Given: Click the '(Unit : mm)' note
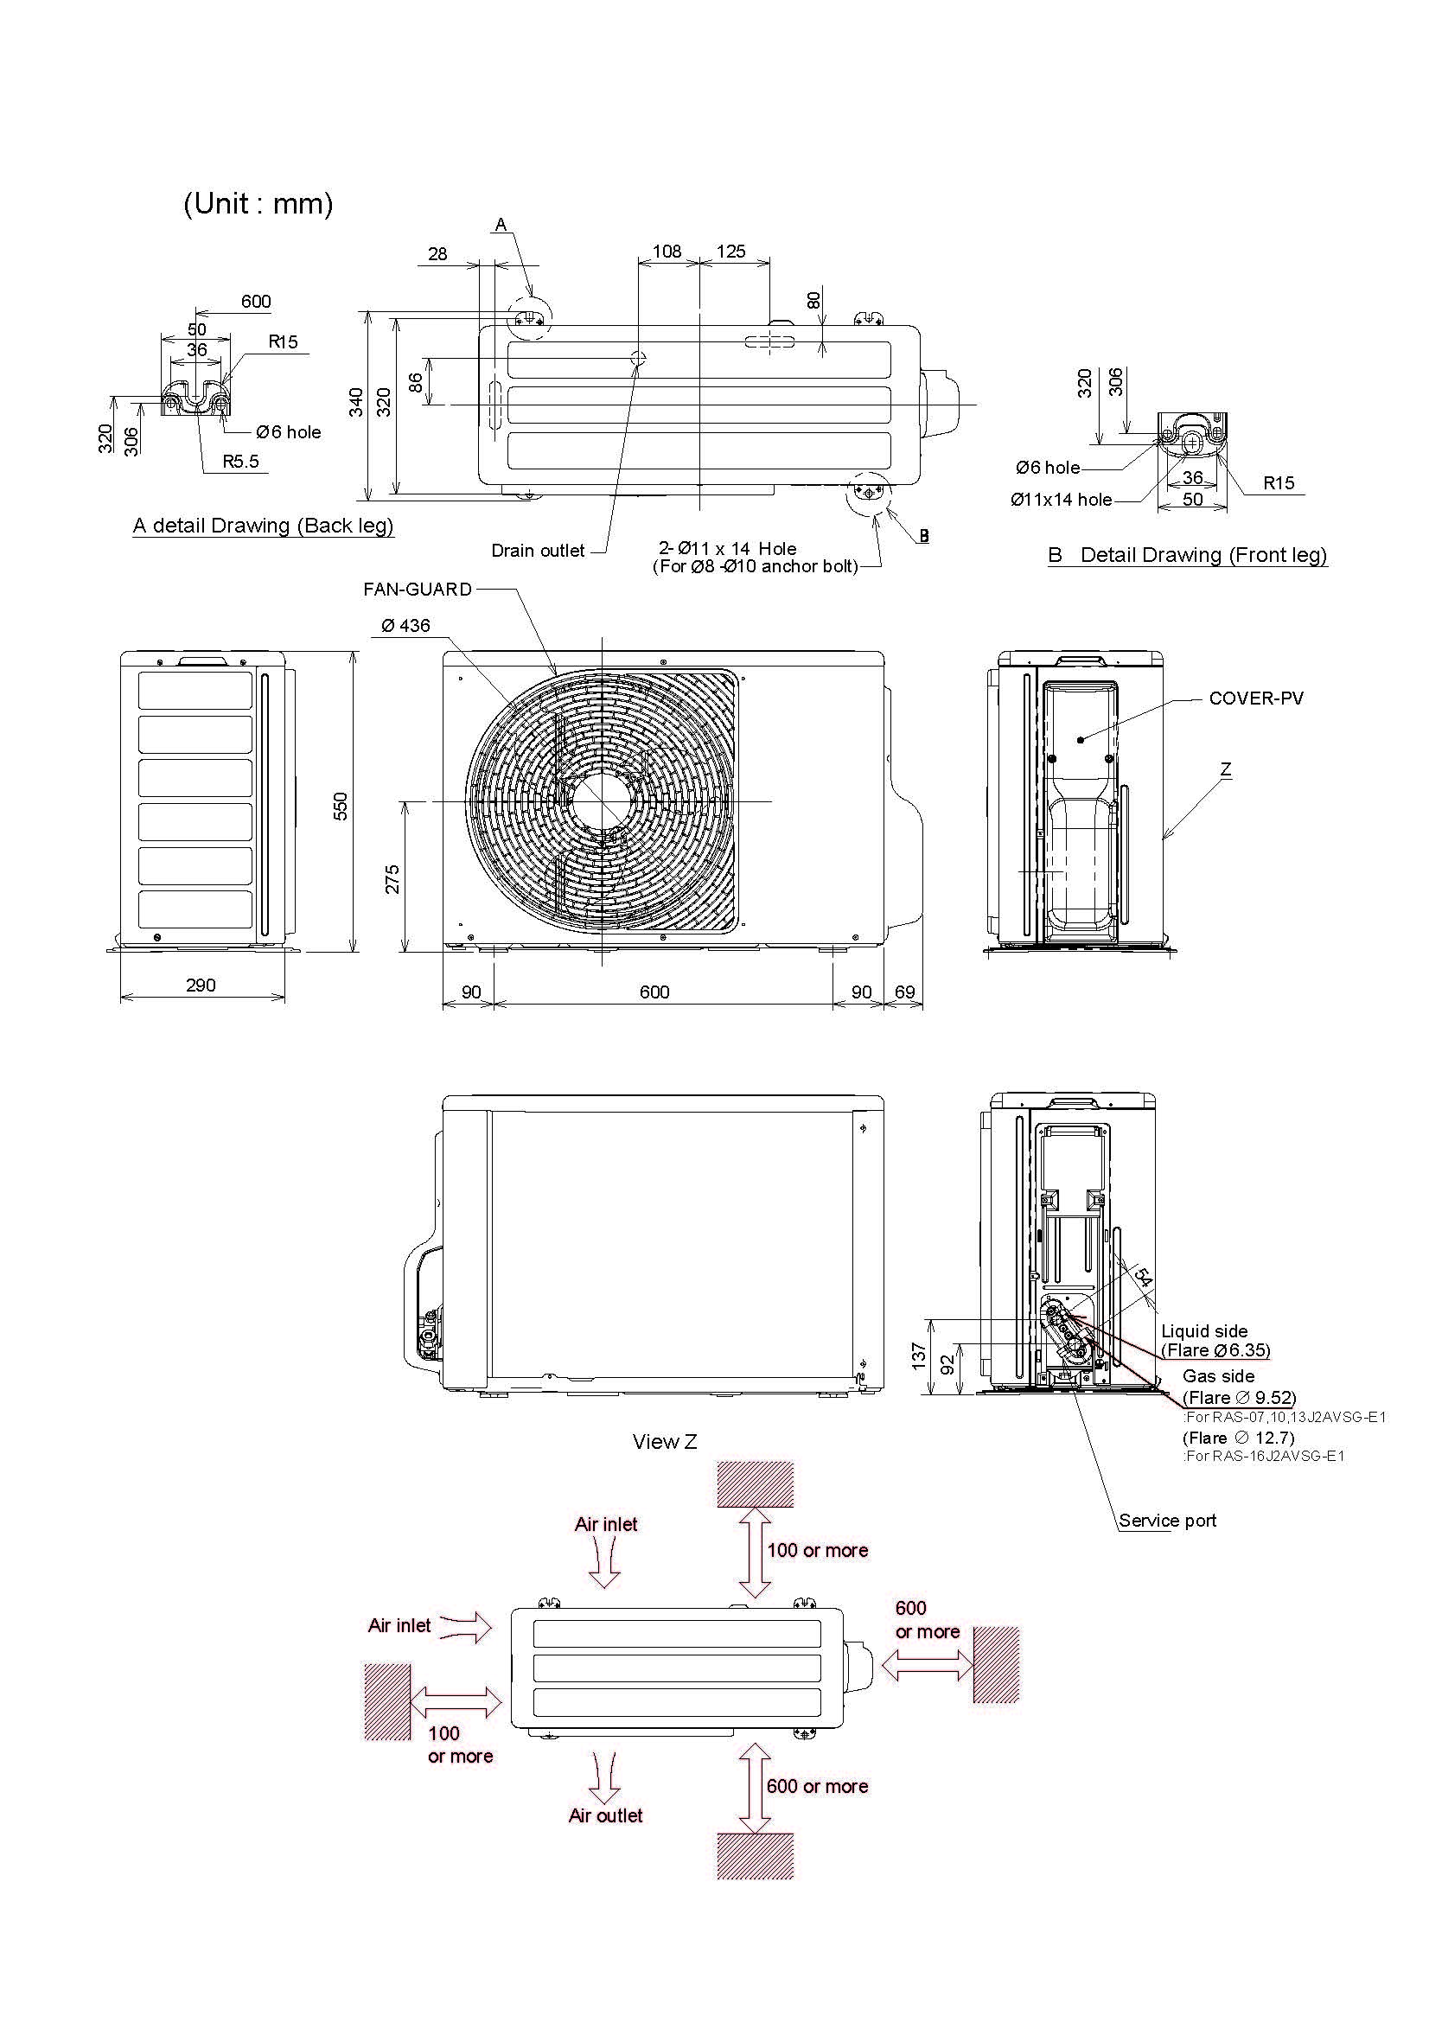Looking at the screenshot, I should coord(258,204).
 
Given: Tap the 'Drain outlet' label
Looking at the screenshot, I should coord(537,552).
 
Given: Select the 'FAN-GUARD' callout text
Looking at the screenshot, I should coord(418,590).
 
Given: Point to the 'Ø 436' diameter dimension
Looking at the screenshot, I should coord(406,626).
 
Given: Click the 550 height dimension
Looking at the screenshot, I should coord(341,806).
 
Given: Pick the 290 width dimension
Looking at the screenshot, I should coord(201,985).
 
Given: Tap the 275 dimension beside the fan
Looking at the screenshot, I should coord(392,879).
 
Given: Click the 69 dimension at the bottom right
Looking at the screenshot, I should coord(904,992).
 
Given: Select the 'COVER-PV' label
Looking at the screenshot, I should coord(1255,698).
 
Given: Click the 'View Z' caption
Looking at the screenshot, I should coord(665,1442).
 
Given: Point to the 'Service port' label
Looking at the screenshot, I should coord(1168,1521).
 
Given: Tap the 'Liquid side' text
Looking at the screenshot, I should coord(1203,1330).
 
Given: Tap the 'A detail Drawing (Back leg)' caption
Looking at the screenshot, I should coord(264,526).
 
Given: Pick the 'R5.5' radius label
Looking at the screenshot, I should coord(240,462).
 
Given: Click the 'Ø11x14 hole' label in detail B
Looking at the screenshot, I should coord(1061,501).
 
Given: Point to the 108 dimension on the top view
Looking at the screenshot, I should coord(667,252).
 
